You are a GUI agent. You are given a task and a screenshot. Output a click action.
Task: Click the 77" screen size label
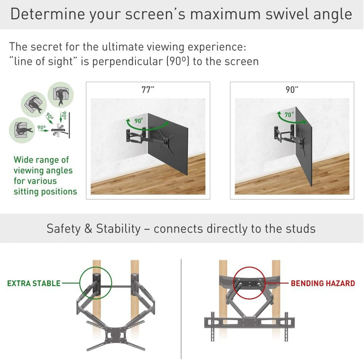pos(148,90)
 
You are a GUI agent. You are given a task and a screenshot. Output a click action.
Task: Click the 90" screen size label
pos(292,90)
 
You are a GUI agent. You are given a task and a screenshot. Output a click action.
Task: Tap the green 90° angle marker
pos(138,121)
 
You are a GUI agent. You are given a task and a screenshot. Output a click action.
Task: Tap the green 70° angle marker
pos(289,115)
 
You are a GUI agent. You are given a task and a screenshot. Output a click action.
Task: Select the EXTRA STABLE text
pos(33,284)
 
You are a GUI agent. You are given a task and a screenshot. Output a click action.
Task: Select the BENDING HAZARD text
pos(323,284)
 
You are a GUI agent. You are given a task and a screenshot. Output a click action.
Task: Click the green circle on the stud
pos(96,283)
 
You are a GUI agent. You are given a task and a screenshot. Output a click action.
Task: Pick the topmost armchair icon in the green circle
pos(61,95)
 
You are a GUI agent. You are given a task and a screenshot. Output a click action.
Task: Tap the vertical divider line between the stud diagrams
pos(181,303)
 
